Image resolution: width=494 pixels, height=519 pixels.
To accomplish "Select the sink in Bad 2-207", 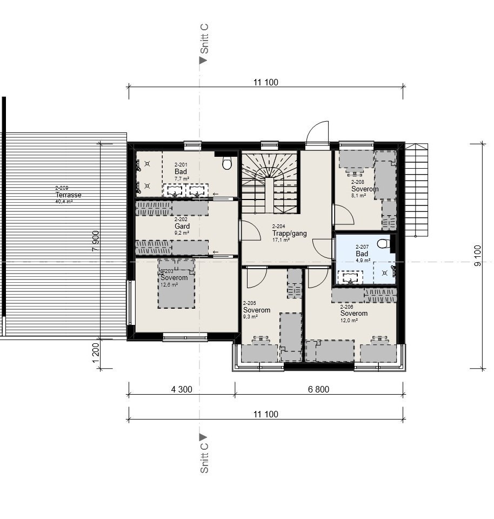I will (350, 278).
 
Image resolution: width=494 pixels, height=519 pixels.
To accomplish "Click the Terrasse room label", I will (68, 195).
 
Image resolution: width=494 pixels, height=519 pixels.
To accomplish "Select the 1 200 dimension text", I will (96, 352).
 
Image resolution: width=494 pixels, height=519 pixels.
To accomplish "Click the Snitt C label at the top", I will (204, 39).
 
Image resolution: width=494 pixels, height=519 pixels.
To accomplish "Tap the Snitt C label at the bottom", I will (204, 458).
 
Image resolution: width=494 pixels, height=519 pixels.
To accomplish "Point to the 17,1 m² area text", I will (281, 239).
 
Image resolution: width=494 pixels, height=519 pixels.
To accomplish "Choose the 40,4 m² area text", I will (64, 201).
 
